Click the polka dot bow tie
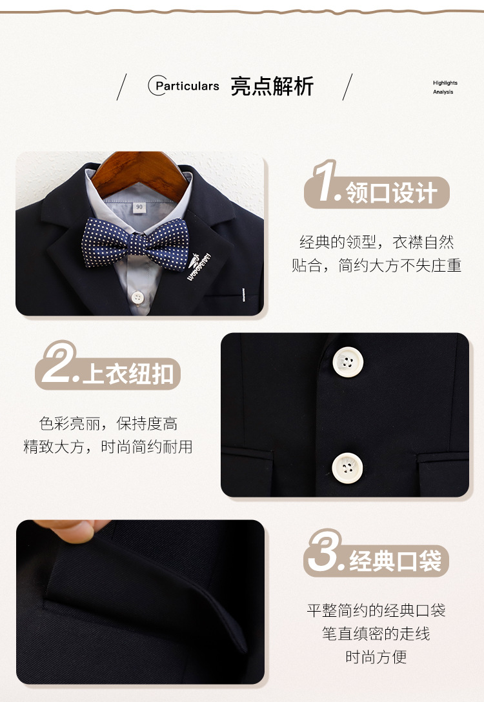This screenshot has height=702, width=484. point(136,244)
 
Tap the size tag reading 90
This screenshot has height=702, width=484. point(139,207)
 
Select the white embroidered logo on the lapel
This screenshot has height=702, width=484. point(198,266)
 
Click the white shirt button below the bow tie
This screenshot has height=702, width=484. point(137,297)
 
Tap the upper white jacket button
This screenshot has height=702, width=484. point(348,361)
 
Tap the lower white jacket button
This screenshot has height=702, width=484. point(347,468)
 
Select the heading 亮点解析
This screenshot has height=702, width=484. point(272,86)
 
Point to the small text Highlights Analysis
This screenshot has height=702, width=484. point(445,87)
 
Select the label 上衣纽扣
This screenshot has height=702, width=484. point(128,374)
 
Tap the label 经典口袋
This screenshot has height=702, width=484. point(396,561)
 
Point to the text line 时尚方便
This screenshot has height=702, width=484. point(376,657)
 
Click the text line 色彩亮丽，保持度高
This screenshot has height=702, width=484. point(108,423)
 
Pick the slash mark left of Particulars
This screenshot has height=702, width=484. point(121,87)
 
